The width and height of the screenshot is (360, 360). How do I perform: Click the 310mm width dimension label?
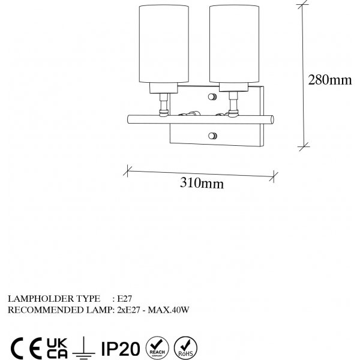[202, 184]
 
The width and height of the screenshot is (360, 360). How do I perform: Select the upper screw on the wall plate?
[212, 97]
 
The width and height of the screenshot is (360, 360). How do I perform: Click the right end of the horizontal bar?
[274, 120]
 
